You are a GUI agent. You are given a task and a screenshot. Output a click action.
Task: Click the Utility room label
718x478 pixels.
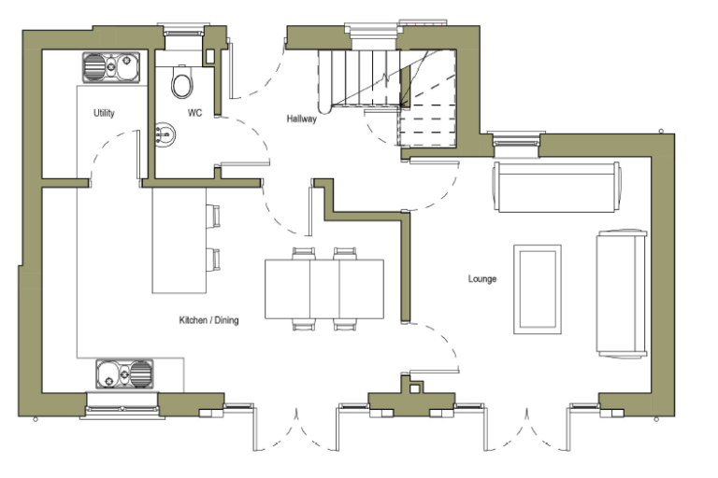pyautogui.click(x=104, y=113)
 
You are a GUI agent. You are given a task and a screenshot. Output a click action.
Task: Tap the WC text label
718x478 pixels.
pyautogui.click(x=194, y=113)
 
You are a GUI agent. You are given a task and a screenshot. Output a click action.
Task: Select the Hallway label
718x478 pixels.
pyautogui.click(x=301, y=119)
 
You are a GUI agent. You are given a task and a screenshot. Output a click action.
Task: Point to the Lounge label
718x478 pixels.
pyautogui.click(x=482, y=278)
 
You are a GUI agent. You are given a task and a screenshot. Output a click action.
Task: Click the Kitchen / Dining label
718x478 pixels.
pyautogui.click(x=208, y=320)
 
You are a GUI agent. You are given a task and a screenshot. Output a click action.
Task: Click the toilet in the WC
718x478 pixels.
pyautogui.click(x=182, y=82)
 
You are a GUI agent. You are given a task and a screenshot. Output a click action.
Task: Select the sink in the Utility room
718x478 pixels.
pyautogui.click(x=110, y=67)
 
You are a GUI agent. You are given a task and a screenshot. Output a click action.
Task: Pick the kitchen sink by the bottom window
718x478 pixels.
pyautogui.click(x=123, y=374)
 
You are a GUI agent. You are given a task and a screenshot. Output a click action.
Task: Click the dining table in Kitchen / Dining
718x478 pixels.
pyautogui.click(x=323, y=288)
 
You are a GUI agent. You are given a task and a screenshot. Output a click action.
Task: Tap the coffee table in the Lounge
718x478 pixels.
pyautogui.click(x=537, y=288)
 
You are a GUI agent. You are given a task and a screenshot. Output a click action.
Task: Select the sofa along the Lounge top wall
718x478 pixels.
pyautogui.click(x=556, y=188)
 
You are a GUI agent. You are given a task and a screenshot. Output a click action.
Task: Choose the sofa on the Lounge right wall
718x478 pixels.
pyautogui.click(x=621, y=293)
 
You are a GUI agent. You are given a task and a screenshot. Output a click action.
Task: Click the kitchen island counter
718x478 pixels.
pyautogui.click(x=179, y=240)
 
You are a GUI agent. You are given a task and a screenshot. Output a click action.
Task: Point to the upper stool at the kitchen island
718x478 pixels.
pyautogui.click(x=215, y=217)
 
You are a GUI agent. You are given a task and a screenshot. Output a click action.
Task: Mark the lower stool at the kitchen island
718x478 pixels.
pyautogui.click(x=215, y=259)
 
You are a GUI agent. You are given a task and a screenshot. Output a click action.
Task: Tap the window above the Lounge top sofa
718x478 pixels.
pyautogui.click(x=516, y=140)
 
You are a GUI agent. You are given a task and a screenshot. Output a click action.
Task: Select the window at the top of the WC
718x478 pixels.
pyautogui.click(x=183, y=35)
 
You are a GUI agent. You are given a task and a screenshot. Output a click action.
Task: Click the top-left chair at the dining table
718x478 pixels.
pyautogui.click(x=304, y=252)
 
